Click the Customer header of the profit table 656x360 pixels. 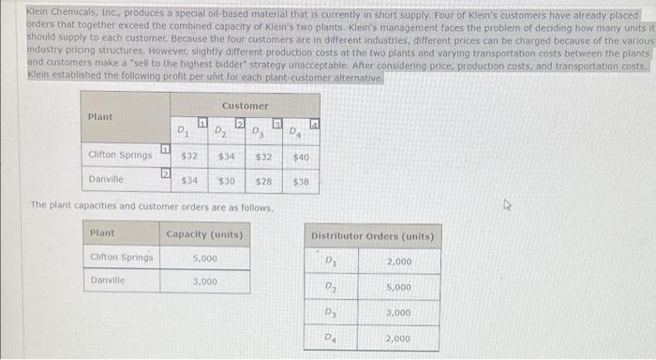[x=245, y=106]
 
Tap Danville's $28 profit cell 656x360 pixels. [x=263, y=179]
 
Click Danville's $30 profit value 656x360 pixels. [x=226, y=179]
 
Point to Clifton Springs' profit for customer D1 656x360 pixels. [x=188, y=155]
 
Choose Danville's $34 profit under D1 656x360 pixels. [x=188, y=179]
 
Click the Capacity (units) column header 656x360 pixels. [x=205, y=232]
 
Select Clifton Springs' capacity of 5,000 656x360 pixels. [x=205, y=257]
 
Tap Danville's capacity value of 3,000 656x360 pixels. [x=205, y=281]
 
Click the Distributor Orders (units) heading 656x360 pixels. [x=372, y=236]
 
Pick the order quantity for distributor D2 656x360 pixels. [x=397, y=287]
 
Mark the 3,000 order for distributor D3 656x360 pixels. [x=397, y=312]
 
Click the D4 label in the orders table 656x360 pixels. [x=330, y=337]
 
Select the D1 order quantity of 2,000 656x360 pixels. [x=397, y=262]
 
